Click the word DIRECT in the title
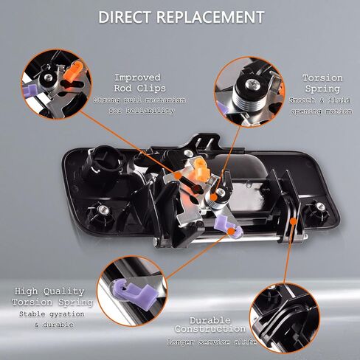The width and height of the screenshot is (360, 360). [124, 17]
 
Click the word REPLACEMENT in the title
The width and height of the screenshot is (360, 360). [210, 17]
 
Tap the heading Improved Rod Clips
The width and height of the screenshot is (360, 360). [139, 83]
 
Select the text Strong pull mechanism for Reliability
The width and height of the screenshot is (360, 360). [139, 105]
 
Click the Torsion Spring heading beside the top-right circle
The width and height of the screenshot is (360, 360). [322, 83]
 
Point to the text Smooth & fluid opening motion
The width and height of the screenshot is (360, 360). [321, 105]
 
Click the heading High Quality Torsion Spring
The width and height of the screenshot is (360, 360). [52, 297]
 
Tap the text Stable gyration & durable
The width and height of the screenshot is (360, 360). [52, 319]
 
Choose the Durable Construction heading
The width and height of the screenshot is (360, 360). [210, 325]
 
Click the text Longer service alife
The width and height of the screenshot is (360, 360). [212, 342]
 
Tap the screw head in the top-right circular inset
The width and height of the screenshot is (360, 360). [252, 84]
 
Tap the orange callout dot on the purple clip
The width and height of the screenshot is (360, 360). [231, 231]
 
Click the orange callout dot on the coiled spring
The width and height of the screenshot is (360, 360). [214, 197]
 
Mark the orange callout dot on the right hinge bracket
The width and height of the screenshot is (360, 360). [293, 221]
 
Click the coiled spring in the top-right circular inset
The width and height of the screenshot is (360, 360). [249, 101]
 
